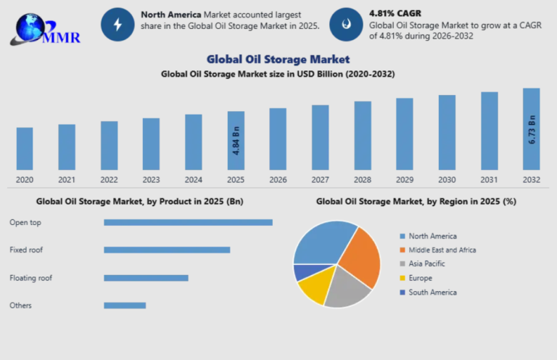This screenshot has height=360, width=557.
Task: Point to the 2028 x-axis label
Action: (363, 180)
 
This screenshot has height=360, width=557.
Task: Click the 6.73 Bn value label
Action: (532, 130)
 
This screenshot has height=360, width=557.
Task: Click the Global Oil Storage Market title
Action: (278, 59)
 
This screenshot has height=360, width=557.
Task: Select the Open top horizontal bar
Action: (188, 222)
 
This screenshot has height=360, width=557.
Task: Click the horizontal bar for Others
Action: (125, 306)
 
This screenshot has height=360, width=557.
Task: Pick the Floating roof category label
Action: (31, 278)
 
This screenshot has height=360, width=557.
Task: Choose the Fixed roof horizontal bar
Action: (167, 250)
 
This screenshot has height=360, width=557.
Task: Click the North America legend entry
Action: (432, 236)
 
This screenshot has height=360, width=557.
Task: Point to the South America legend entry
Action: (432, 292)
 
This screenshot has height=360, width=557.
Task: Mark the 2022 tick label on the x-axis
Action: (109, 180)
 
